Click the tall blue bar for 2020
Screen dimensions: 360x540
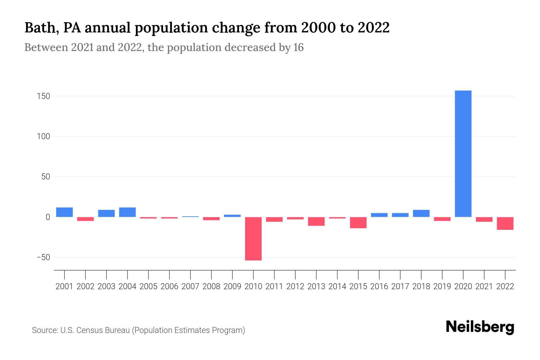click(x=463, y=154)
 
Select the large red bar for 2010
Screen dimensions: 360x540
click(x=253, y=238)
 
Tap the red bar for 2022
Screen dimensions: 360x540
click(x=505, y=223)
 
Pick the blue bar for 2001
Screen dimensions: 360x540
click(x=64, y=212)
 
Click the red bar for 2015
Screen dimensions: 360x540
click(x=358, y=223)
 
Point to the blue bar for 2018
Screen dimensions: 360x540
click(x=421, y=213)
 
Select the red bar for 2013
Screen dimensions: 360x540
click(x=316, y=221)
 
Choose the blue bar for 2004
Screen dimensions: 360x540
click(x=127, y=212)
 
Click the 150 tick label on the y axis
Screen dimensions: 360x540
click(x=44, y=96)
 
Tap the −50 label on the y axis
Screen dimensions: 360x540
click(x=43, y=257)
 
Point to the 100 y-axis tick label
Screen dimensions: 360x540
click(x=44, y=136)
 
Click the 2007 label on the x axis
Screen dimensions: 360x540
click(x=190, y=286)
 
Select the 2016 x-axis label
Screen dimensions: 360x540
click(x=379, y=286)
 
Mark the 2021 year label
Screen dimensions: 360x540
click(x=484, y=286)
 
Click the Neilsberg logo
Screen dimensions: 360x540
click(x=480, y=327)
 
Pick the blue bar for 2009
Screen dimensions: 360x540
click(x=232, y=216)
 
